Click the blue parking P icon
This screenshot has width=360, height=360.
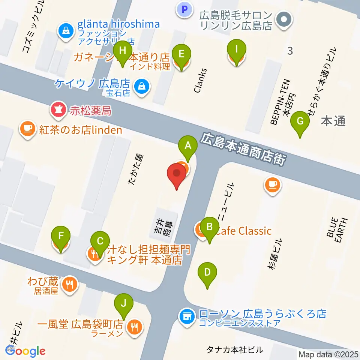pos(184,10)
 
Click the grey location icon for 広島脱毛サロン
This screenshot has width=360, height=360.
pos(283,19)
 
